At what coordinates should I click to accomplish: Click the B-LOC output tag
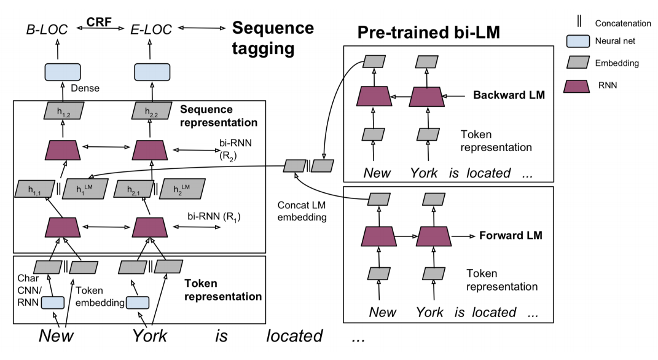coord(47,29)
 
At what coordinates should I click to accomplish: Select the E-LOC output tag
coord(151,29)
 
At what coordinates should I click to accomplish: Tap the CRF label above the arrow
coord(99,22)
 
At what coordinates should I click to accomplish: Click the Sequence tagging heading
coord(273,38)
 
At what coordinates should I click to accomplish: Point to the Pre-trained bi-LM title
coord(428,33)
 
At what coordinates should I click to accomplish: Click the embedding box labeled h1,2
coord(64,111)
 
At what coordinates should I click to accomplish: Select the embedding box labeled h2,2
coord(152,111)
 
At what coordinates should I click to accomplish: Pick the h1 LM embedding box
coord(85,189)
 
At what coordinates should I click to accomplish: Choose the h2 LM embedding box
coord(182,189)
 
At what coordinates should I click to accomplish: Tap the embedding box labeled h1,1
coord(35,189)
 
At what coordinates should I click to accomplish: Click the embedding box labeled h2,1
coord(133,189)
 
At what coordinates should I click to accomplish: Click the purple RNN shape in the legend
coord(576,87)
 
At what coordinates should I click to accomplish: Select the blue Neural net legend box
coord(578,41)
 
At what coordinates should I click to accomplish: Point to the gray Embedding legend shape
coord(578,62)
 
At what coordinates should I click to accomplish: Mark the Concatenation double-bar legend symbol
coord(579,21)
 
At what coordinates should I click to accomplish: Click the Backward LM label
coord(509,95)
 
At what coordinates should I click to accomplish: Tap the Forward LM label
coord(511,235)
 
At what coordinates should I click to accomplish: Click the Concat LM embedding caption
coord(302,211)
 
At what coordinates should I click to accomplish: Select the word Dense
coord(85,88)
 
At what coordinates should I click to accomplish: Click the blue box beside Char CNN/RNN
coord(53,302)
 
